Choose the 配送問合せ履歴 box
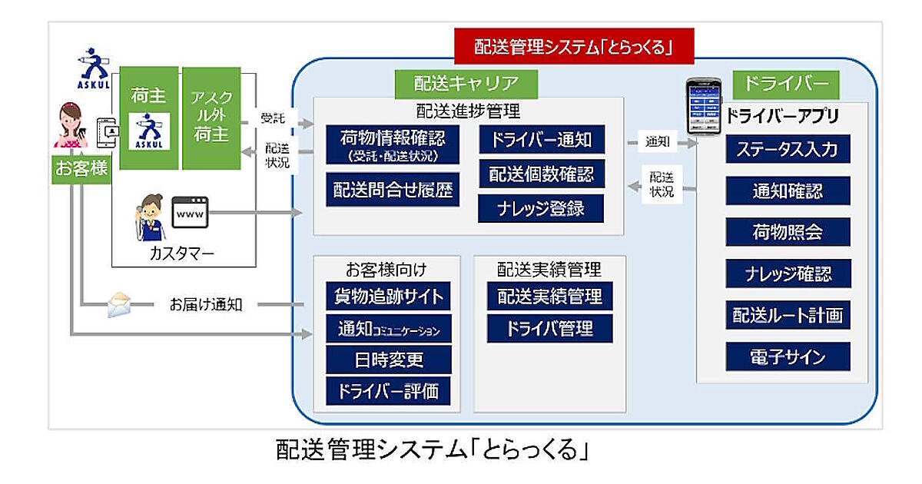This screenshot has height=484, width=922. point(393,189)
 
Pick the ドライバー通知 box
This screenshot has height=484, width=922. point(541,140)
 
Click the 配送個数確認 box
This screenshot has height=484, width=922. point(541,174)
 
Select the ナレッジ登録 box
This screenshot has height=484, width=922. point(541,208)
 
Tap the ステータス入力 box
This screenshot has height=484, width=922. point(788,148)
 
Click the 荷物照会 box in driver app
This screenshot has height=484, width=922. point(788,231)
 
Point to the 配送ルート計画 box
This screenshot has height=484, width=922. point(788,314)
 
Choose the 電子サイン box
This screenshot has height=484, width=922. point(788,356)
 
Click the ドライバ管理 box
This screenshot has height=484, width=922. point(549,328)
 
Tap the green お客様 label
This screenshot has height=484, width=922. point(81,167)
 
